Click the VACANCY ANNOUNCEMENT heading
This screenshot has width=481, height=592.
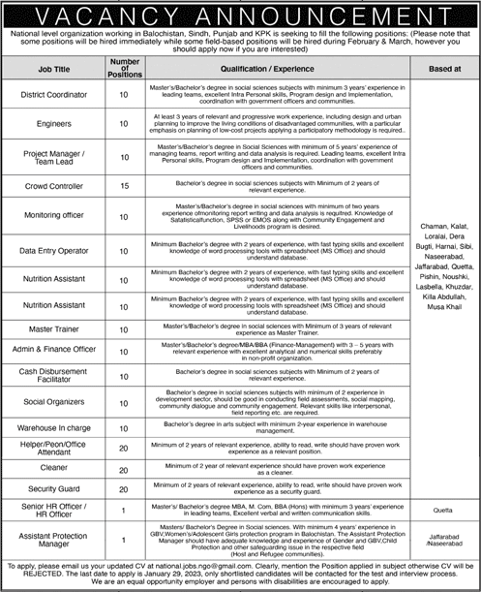[x=240, y=14]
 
